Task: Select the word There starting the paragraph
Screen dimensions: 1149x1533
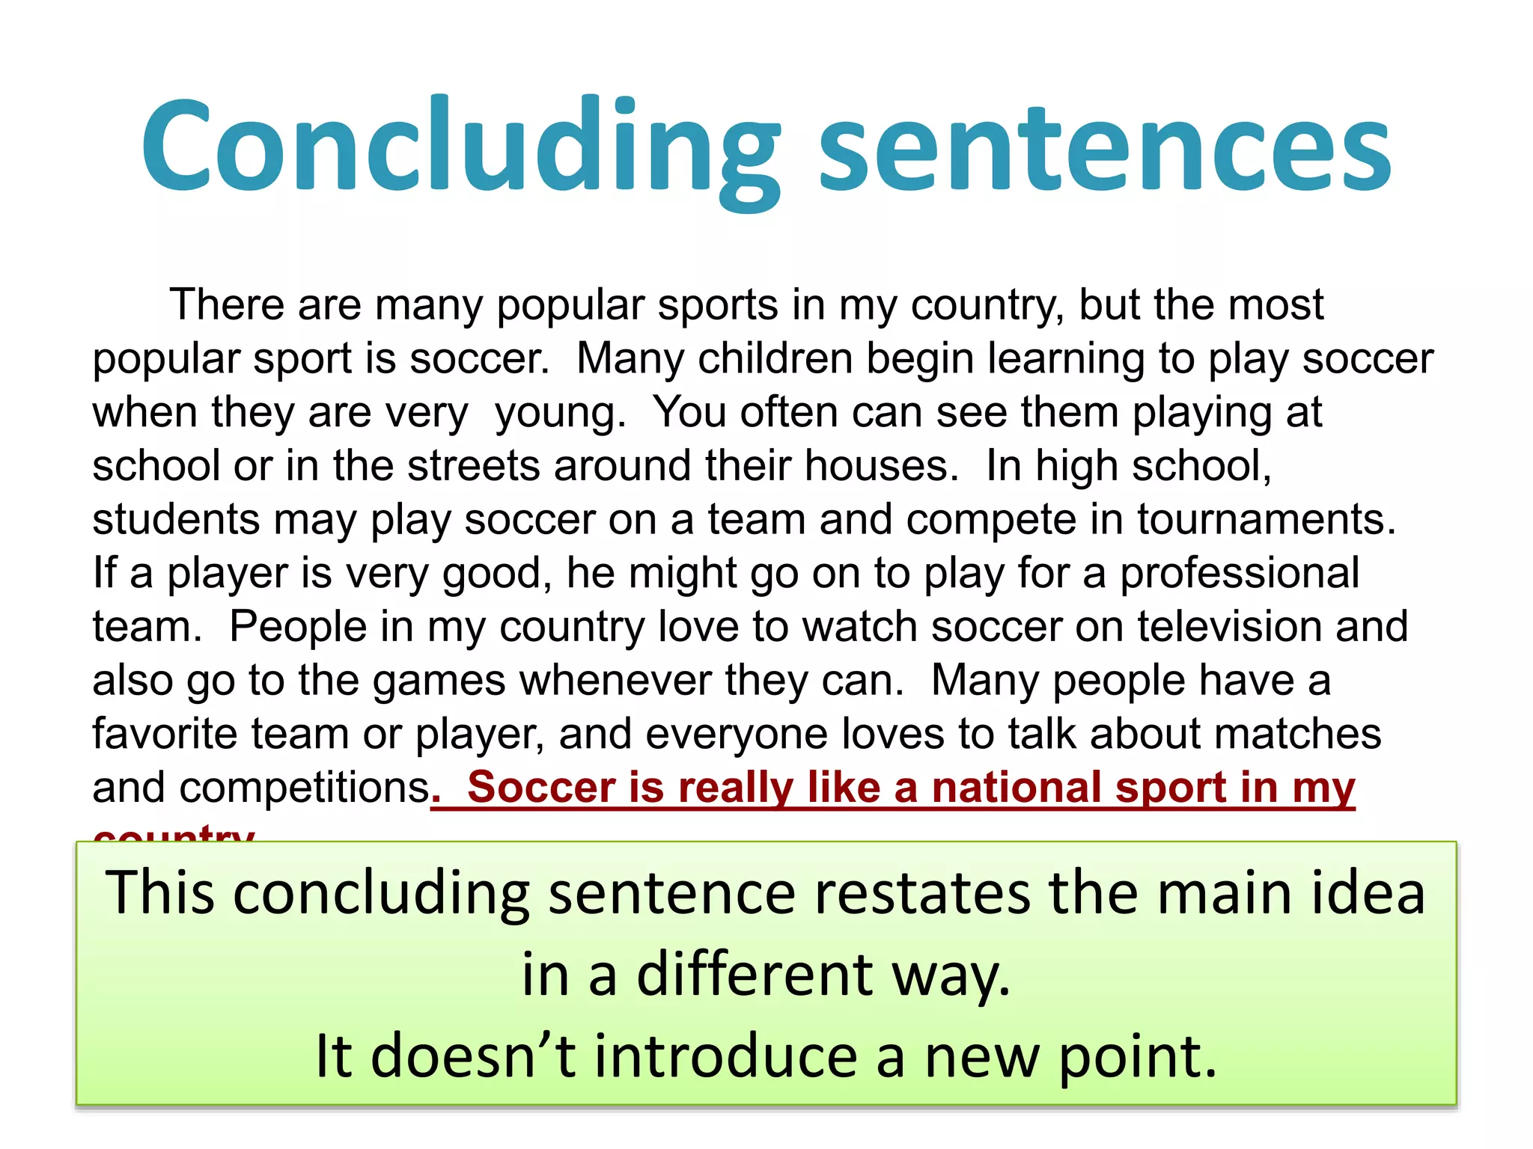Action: pyautogui.click(x=227, y=305)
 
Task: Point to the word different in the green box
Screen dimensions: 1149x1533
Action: pyautogui.click(x=755, y=975)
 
